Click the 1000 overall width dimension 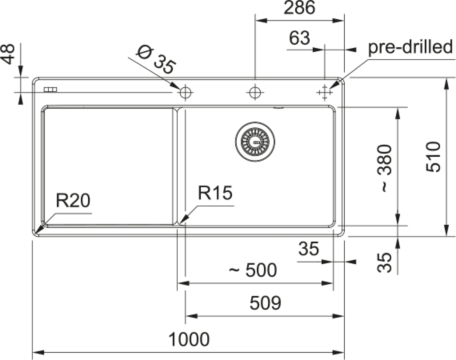(x=189, y=339)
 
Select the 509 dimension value (x=265, y=303)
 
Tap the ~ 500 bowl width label (x=253, y=270)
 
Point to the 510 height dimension (x=434, y=157)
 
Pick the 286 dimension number (x=299, y=8)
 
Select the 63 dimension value (x=299, y=38)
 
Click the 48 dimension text (x=9, y=54)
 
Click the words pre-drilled (x=410, y=47)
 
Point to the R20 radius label (x=73, y=201)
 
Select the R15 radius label (x=215, y=193)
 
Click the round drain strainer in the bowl (x=254, y=141)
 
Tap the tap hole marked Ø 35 (x=185, y=93)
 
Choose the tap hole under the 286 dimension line (x=255, y=93)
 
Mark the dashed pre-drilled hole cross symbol (x=324, y=93)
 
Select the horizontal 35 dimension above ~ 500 (x=308, y=249)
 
